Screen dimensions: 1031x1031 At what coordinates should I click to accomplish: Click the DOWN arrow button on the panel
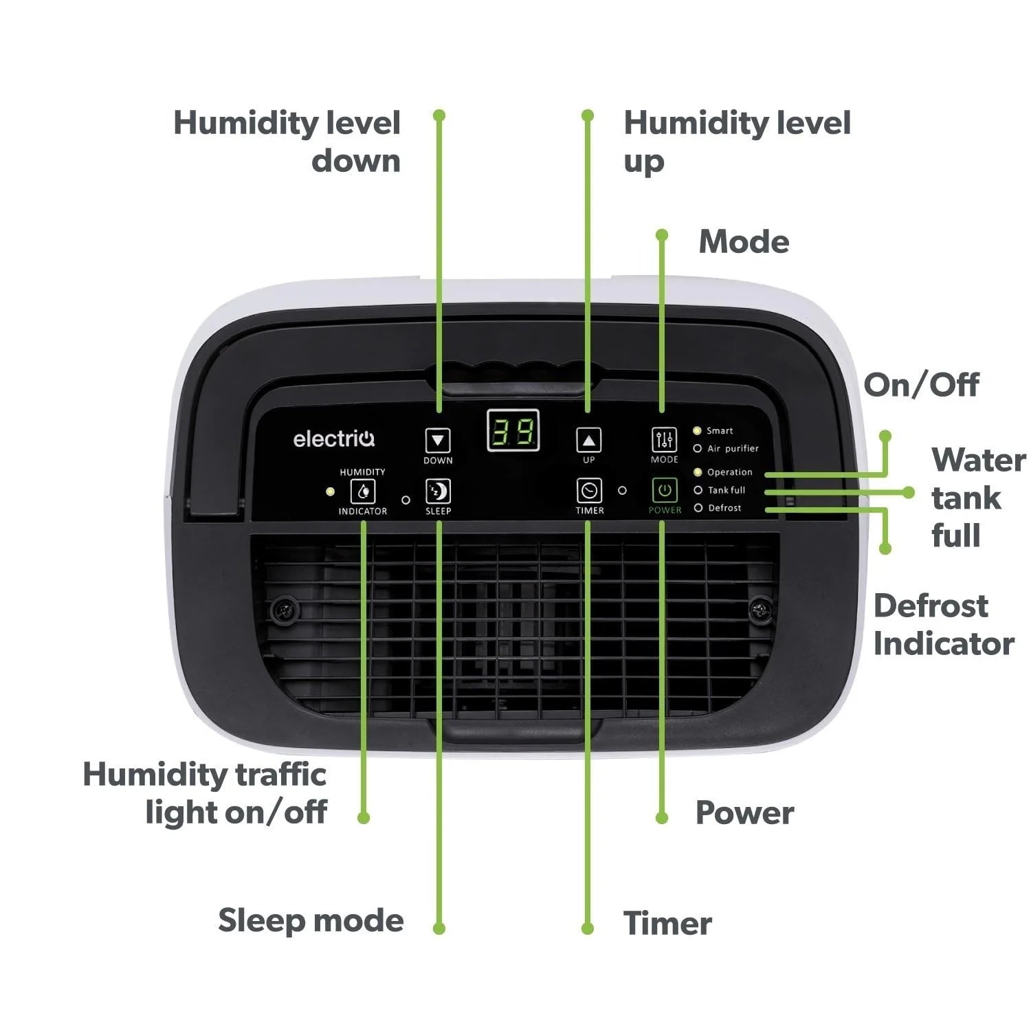click(438, 440)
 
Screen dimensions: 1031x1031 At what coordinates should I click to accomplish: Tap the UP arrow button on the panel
click(588, 440)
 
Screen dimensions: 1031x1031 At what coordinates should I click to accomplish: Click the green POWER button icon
click(664, 490)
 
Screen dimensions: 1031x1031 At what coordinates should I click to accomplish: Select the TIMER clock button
click(589, 491)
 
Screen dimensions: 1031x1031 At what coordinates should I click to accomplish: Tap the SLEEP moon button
click(438, 491)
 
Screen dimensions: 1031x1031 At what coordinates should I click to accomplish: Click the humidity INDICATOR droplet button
click(363, 491)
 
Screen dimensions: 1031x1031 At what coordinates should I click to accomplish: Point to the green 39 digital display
click(513, 432)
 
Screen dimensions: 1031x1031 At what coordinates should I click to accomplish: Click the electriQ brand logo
click(334, 439)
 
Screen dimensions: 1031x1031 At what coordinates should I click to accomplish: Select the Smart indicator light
click(697, 431)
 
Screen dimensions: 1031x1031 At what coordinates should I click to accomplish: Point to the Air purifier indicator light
click(698, 449)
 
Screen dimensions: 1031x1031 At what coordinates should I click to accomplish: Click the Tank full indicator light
click(698, 490)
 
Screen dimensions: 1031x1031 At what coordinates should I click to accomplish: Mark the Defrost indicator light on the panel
click(698, 508)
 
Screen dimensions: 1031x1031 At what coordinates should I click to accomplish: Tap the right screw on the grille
click(759, 609)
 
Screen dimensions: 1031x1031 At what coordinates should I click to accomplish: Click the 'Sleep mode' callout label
click(311, 920)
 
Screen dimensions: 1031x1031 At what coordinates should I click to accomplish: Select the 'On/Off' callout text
click(921, 385)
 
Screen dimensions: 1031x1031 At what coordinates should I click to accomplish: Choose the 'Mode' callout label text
click(744, 242)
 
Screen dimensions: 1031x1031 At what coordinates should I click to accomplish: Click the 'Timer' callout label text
click(667, 923)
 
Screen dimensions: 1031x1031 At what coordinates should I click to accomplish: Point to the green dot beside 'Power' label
click(662, 818)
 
